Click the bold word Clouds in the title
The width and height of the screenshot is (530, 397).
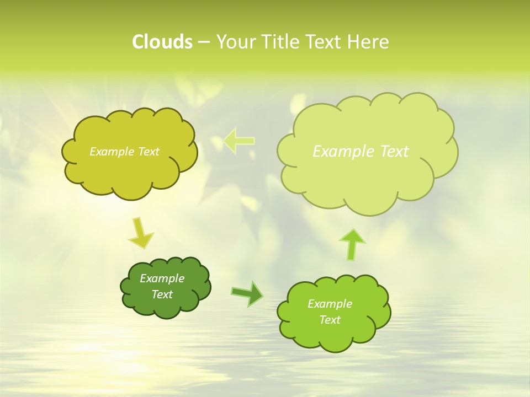pos(162,42)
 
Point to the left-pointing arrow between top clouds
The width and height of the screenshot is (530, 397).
pos(239,141)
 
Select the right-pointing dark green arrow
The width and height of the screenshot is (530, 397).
pos(247,293)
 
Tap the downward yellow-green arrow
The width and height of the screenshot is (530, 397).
pos(141,233)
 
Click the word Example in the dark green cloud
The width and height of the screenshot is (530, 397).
pos(162,278)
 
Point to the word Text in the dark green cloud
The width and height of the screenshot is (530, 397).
pos(162,294)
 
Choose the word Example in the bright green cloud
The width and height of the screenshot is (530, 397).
pos(330,304)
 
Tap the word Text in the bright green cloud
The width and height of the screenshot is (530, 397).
pos(330,320)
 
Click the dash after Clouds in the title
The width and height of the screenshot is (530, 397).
pos(203,42)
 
